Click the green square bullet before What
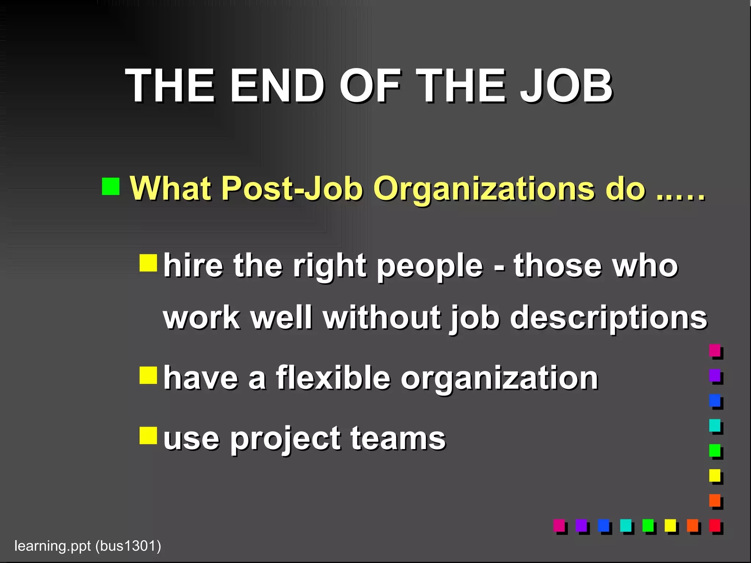click(x=111, y=186)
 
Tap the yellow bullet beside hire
click(x=148, y=263)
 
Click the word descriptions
click(x=608, y=318)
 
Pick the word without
click(x=382, y=317)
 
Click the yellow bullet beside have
click(x=148, y=375)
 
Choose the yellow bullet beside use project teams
click(x=148, y=435)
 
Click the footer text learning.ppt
click(x=52, y=546)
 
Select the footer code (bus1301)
click(x=128, y=546)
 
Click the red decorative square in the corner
click(x=715, y=525)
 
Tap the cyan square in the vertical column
click(x=715, y=425)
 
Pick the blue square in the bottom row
click(x=603, y=525)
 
